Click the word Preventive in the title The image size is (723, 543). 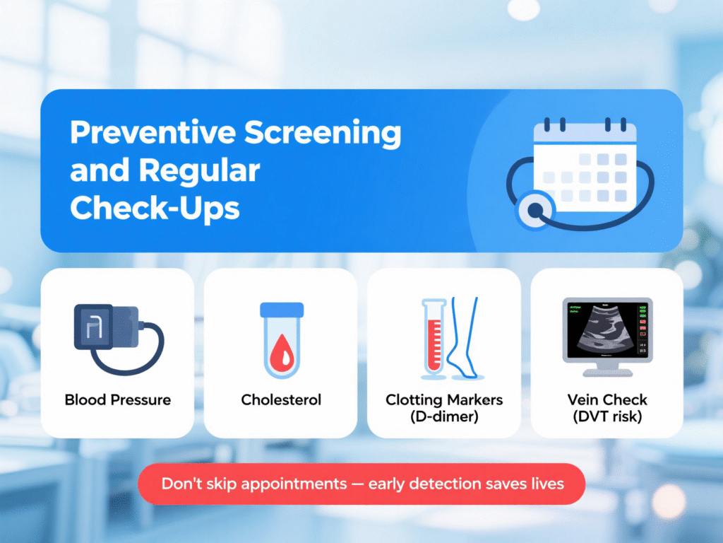click(x=153, y=132)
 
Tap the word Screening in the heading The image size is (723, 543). click(x=323, y=134)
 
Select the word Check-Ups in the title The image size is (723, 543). click(x=155, y=209)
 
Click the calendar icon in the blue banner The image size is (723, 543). click(x=585, y=165)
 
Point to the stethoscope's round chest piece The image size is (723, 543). click(x=535, y=211)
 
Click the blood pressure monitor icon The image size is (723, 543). click(x=119, y=339)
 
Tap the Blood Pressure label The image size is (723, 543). click(x=118, y=400)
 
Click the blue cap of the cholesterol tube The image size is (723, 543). click(x=282, y=310)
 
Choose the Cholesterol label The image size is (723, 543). click(x=281, y=400)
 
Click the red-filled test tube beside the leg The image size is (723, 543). click(x=434, y=338)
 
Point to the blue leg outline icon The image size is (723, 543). click(x=464, y=338)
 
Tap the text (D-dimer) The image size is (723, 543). click(x=444, y=416)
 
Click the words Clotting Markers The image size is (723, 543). click(x=444, y=400)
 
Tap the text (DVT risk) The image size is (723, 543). click(x=607, y=416)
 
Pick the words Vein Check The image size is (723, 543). click(x=607, y=400)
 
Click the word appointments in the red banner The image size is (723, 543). click(x=294, y=484)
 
